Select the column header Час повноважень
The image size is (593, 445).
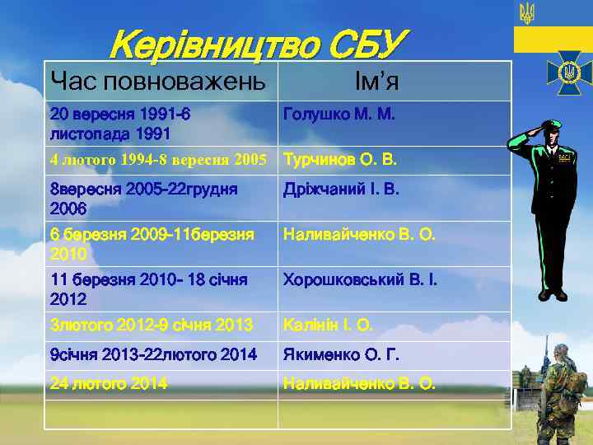(x=158, y=81)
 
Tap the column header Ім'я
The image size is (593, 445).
(x=376, y=81)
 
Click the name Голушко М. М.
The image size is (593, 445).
(x=339, y=115)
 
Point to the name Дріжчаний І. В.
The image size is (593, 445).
(x=341, y=190)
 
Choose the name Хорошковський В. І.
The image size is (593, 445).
(x=360, y=280)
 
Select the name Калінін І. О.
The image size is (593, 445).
(x=328, y=326)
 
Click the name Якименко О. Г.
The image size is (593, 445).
(x=341, y=355)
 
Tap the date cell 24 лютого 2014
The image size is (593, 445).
(x=108, y=383)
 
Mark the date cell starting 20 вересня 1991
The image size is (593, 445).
(x=120, y=123)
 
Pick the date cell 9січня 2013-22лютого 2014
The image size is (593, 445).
(x=153, y=355)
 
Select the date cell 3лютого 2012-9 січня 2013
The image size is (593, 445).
(x=151, y=326)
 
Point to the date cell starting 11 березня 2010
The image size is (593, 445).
(x=148, y=288)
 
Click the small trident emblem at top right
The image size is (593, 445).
(x=527, y=12)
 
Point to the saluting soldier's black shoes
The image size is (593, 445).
(x=553, y=293)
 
